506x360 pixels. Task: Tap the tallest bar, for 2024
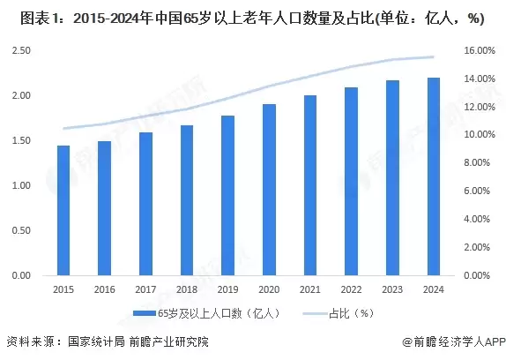[x=433, y=176]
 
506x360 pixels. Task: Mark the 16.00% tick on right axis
[x=479, y=50]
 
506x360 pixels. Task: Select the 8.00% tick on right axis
[x=477, y=163]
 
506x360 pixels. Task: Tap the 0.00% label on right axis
[x=477, y=276]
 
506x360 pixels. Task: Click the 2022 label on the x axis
[x=350, y=289]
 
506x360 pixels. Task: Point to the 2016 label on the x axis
[x=104, y=289]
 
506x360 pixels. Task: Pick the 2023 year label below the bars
[x=391, y=289]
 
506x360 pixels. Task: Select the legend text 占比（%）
[x=347, y=313]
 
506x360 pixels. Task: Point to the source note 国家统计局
[x=96, y=341]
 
